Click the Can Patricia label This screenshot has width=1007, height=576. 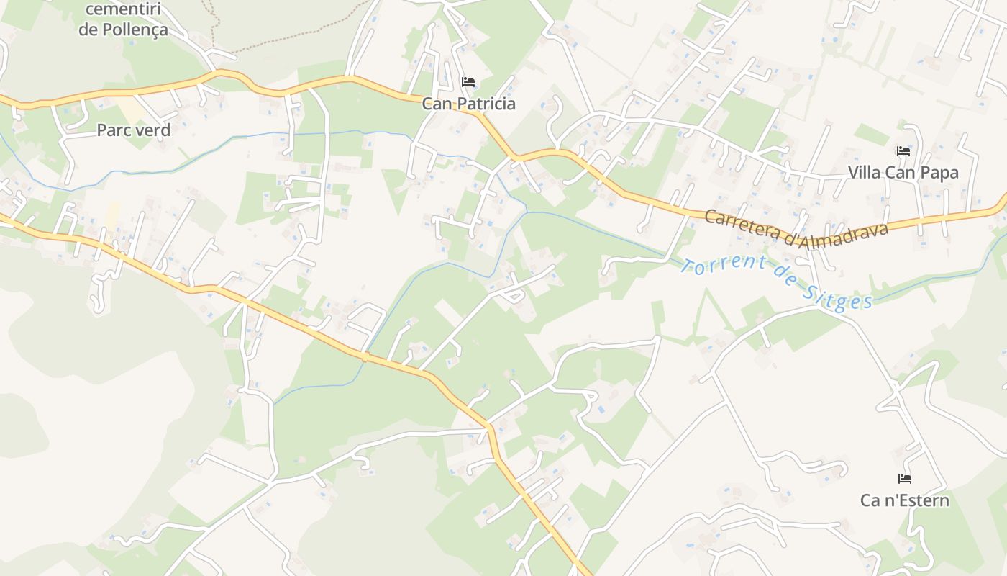tap(468, 104)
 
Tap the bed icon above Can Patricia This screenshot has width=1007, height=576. tap(468, 81)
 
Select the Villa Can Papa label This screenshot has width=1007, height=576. tap(903, 173)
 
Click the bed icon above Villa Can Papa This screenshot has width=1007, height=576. tap(903, 150)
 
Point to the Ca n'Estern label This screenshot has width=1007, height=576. tap(904, 500)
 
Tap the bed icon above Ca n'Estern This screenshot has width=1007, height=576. tap(905, 478)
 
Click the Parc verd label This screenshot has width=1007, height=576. tap(133, 130)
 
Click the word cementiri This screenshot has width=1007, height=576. tap(123, 10)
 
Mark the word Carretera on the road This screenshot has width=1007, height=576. tap(741, 222)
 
